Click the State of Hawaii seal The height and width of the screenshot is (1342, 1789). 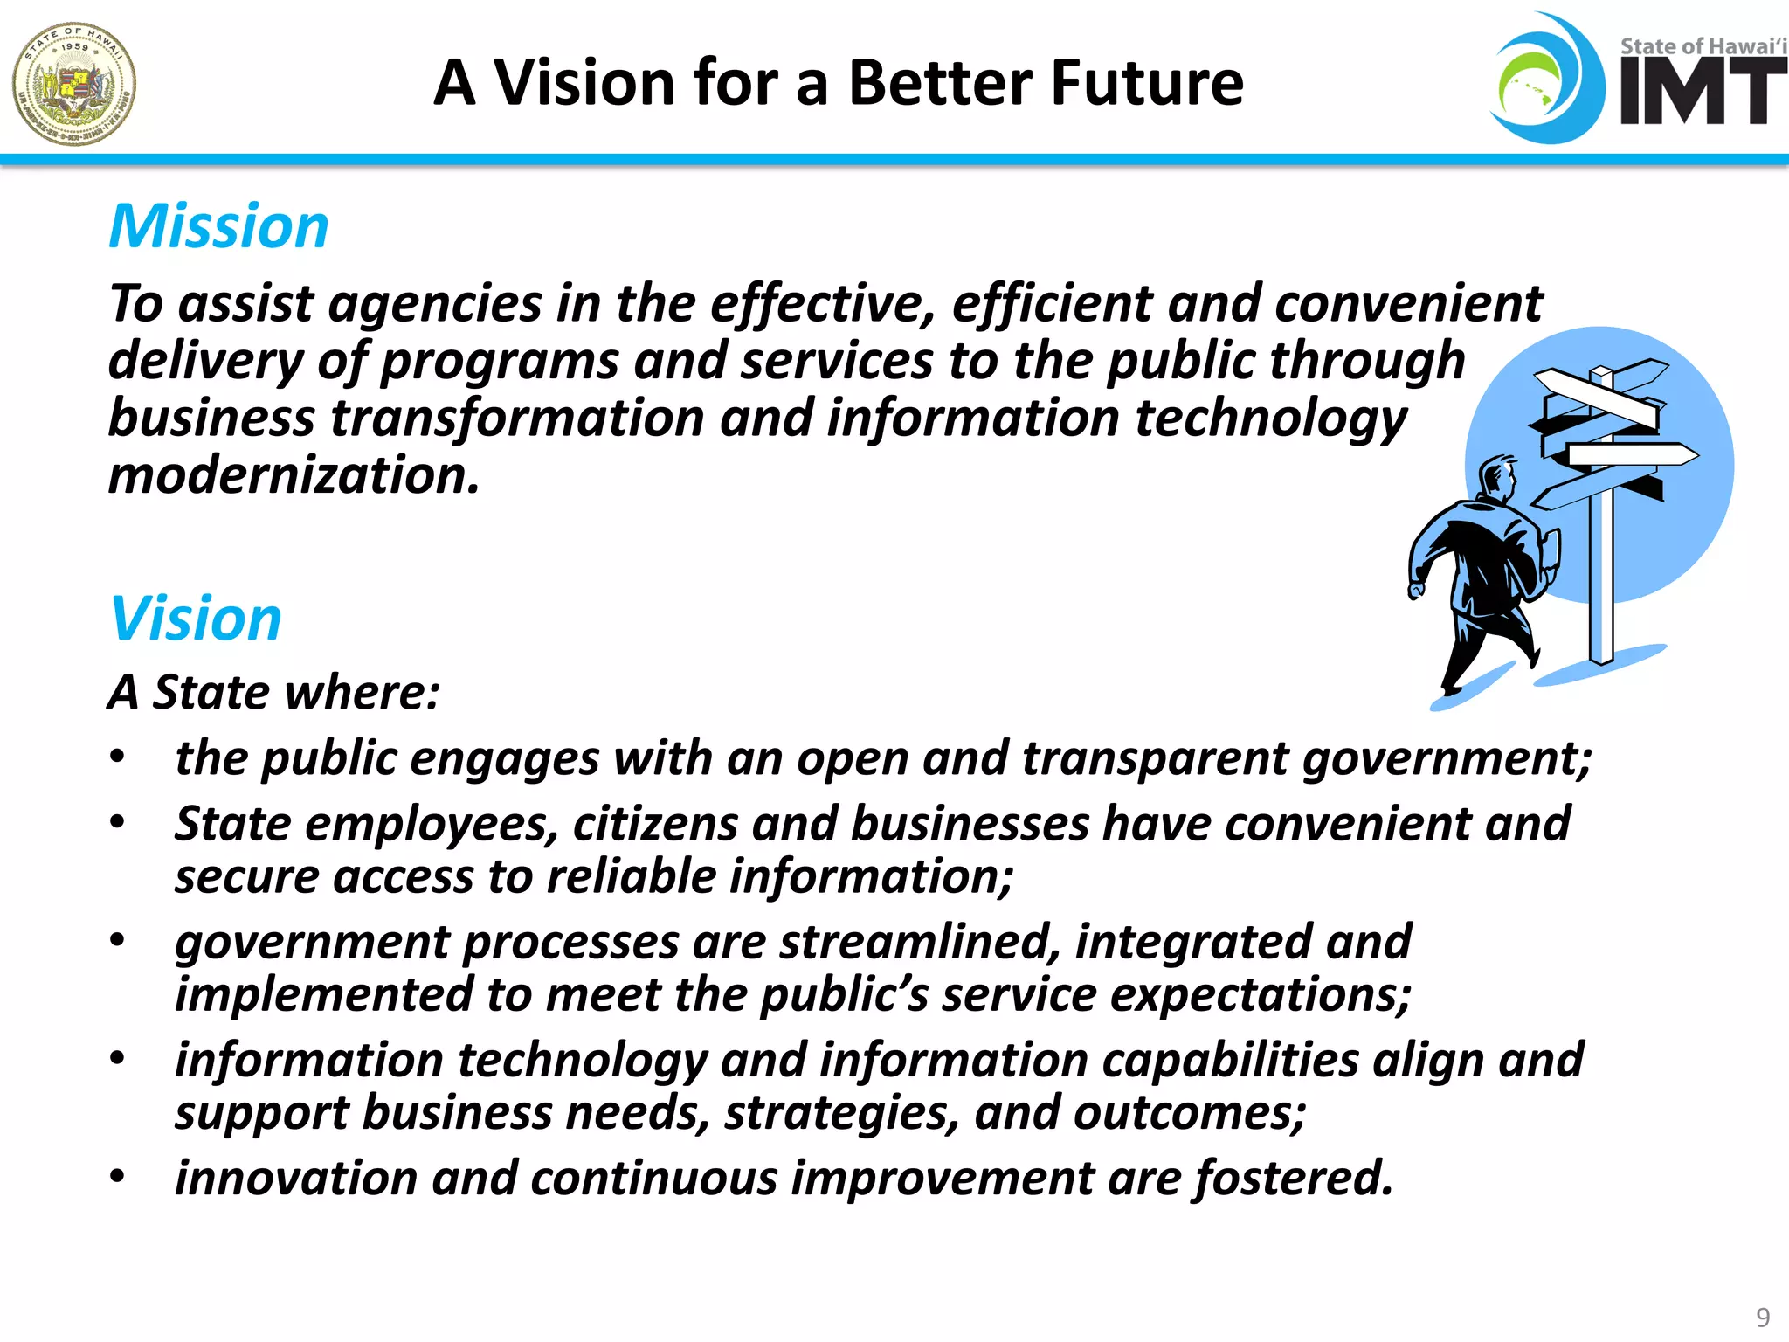point(74,84)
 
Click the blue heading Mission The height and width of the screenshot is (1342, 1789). point(218,227)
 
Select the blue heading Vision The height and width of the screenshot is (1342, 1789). point(196,619)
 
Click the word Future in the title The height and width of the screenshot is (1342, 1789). point(1147,83)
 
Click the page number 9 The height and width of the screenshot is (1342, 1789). point(1763,1317)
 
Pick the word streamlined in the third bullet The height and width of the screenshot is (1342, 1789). point(918,942)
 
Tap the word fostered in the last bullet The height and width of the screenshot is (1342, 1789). point(1293,1178)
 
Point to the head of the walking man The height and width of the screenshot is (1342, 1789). point(1496,476)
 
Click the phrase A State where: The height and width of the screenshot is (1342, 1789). point(273,692)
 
